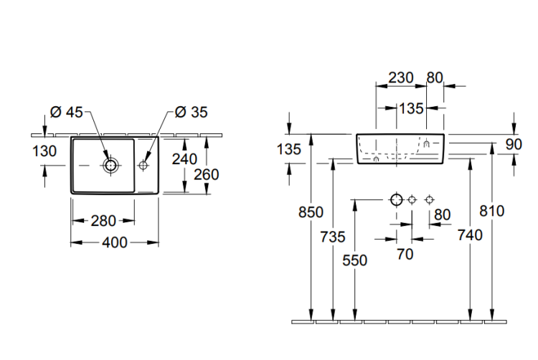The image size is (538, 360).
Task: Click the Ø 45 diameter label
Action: (x=67, y=112)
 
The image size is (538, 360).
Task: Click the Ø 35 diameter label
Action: (x=190, y=112)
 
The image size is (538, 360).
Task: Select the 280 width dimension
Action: (x=104, y=221)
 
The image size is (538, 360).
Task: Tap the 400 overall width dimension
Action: (x=115, y=243)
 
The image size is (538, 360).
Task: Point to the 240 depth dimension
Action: (x=184, y=159)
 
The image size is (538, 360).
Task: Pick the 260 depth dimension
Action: (x=207, y=174)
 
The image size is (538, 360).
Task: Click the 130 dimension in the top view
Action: (x=44, y=151)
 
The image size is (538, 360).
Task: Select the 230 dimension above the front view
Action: (x=400, y=77)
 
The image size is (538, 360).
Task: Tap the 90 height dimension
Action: (x=514, y=144)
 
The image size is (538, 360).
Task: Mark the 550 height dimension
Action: (x=355, y=262)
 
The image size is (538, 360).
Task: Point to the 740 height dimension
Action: (x=471, y=235)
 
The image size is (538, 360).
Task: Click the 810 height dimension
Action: (x=493, y=211)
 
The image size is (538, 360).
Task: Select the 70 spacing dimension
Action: (x=405, y=254)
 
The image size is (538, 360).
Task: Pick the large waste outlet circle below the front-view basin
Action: (x=396, y=199)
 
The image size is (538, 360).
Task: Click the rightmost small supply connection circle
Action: (x=430, y=199)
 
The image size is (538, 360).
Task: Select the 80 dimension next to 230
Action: (x=435, y=77)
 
